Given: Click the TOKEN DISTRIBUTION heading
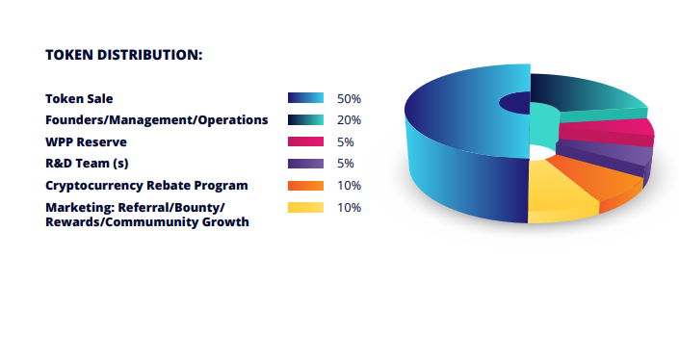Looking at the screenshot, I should click(x=123, y=55).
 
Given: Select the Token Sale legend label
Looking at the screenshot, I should click(x=85, y=98).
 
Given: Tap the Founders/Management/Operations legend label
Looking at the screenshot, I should click(x=156, y=120).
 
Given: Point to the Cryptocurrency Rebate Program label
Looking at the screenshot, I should click(x=146, y=185).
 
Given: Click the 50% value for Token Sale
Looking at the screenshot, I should click(x=349, y=98).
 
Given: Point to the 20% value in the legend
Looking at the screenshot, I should click(x=349, y=120).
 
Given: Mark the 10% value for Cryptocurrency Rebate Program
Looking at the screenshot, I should click(x=349, y=185).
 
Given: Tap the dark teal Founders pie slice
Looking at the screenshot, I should click(x=588, y=93).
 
